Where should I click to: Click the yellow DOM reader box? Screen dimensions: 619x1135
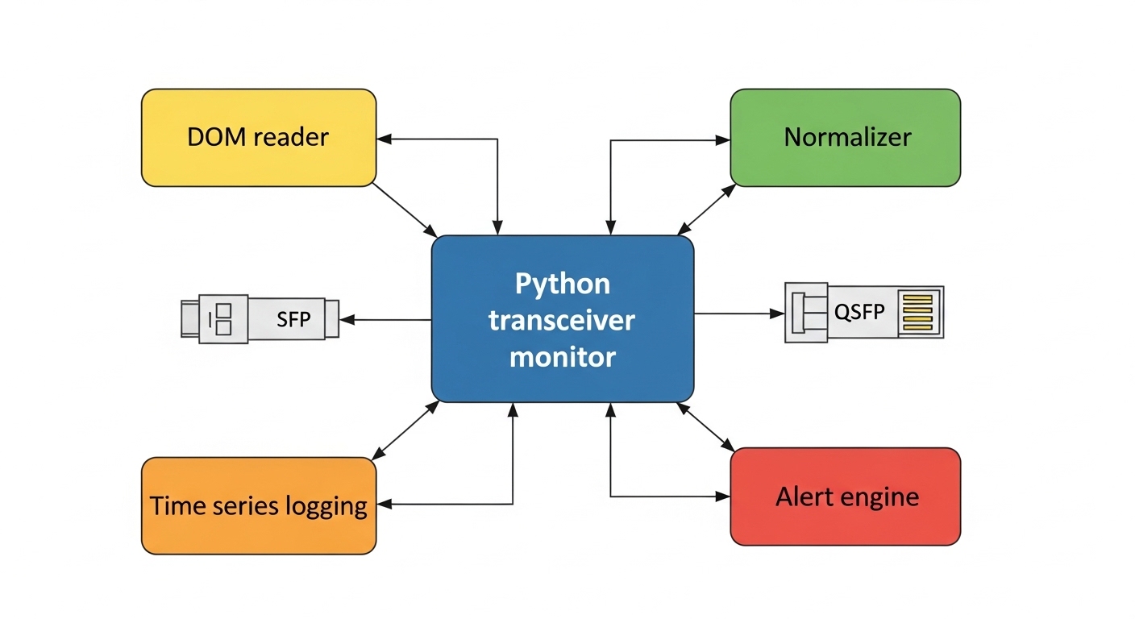tap(258, 138)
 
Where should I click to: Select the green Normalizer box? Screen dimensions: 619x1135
tap(845, 138)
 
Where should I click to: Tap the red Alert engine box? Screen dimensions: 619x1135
tap(845, 496)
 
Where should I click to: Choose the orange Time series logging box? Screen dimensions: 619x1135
tap(258, 505)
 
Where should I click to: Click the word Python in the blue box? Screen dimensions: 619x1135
tap(562, 285)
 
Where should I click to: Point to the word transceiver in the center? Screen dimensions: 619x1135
tap(562, 320)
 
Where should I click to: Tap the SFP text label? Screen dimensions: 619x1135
tap(293, 320)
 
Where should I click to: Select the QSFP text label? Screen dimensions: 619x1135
tap(859, 313)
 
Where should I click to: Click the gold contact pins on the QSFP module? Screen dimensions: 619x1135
tap(917, 313)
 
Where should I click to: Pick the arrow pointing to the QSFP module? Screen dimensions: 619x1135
tap(738, 313)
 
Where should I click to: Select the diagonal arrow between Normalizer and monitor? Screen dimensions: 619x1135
tap(707, 209)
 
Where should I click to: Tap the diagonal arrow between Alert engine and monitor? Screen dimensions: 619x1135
tap(706, 426)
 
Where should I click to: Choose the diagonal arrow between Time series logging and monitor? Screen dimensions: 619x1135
tap(405, 429)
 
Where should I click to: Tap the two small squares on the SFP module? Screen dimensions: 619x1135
tap(222, 319)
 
